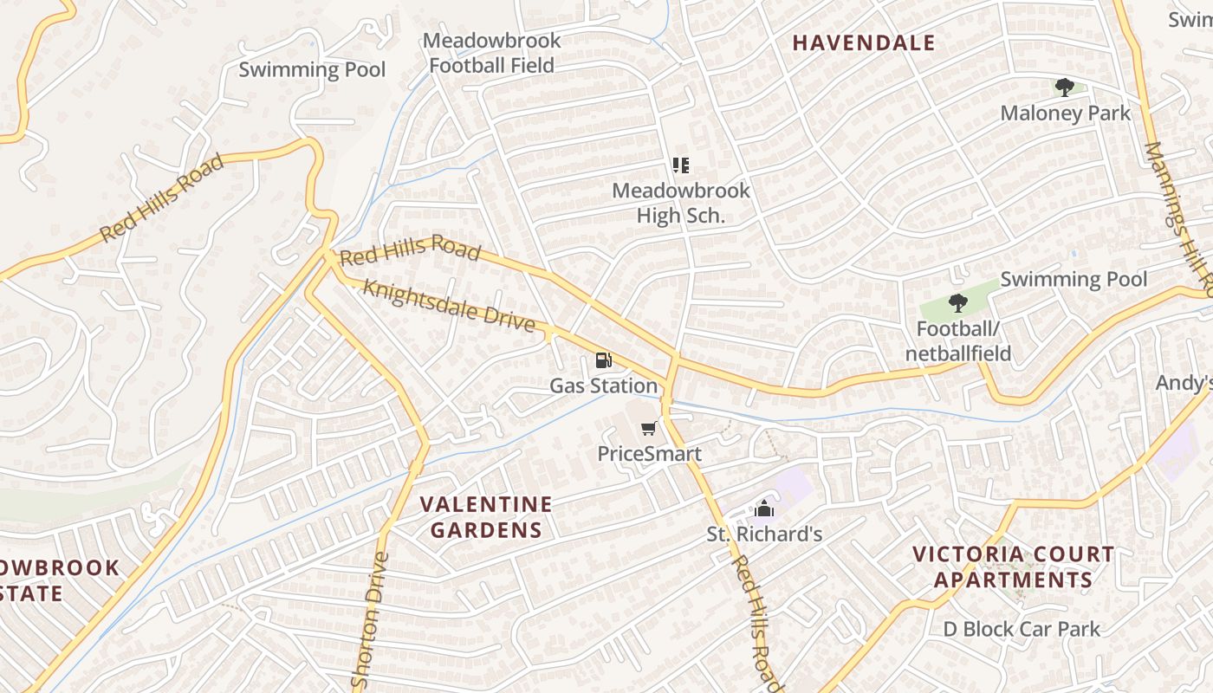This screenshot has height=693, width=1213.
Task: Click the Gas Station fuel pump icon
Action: [x=603, y=359]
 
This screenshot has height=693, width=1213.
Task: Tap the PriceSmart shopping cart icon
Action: [x=648, y=428]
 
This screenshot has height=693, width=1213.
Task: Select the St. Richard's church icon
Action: [x=763, y=508]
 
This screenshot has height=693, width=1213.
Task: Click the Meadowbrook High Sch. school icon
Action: [x=681, y=165]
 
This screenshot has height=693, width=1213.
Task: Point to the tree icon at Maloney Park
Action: [x=1065, y=87]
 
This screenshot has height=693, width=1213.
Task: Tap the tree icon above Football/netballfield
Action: [x=957, y=303]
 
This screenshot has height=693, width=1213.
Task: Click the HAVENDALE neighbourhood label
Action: [x=864, y=42]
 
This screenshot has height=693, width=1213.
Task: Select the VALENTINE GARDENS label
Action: [x=486, y=517]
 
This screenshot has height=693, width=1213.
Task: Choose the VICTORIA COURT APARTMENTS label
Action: [x=1013, y=567]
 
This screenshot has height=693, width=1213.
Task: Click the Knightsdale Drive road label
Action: [x=448, y=305]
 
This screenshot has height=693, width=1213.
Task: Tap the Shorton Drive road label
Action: [x=367, y=620]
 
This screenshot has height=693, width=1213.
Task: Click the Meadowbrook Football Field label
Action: [x=491, y=53]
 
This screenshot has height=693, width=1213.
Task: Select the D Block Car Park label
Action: [x=1022, y=629]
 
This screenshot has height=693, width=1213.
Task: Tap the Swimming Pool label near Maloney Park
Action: [x=1074, y=279]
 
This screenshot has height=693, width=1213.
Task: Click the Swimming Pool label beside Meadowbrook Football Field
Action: [x=312, y=69]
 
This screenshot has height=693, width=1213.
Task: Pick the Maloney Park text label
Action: [x=1065, y=113]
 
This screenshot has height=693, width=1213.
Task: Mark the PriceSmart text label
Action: [x=649, y=453]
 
